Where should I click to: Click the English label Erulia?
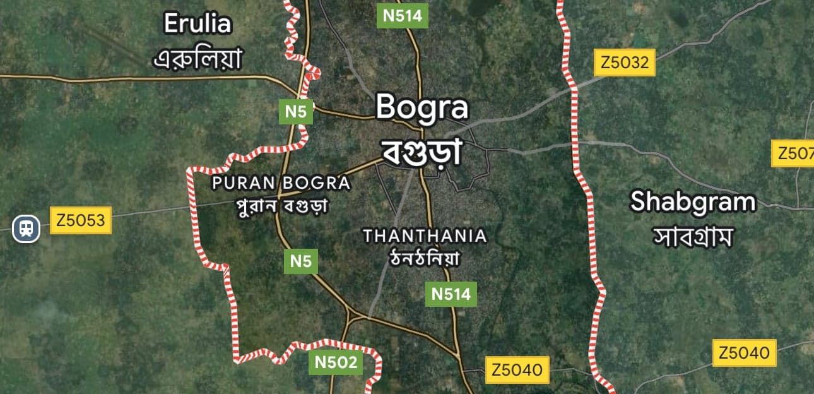click(198, 25)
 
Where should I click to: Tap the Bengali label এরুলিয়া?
click(198, 59)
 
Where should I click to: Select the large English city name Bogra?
click(422, 107)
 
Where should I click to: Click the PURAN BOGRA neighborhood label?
click(281, 183)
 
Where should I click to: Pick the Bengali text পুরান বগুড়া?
click(281, 206)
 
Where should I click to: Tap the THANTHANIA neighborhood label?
click(425, 236)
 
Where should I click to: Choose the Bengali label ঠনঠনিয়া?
click(425, 258)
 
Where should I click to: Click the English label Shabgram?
click(693, 202)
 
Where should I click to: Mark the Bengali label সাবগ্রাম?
click(693, 237)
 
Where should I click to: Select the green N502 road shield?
click(336, 362)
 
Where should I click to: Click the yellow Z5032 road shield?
click(625, 63)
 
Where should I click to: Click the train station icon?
click(26, 228)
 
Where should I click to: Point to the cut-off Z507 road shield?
click(794, 153)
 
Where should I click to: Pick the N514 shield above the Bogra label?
click(402, 16)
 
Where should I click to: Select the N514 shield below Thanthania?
click(451, 294)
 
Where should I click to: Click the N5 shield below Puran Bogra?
click(301, 261)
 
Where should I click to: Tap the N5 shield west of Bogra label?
click(295, 112)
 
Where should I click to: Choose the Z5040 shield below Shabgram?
click(745, 352)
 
